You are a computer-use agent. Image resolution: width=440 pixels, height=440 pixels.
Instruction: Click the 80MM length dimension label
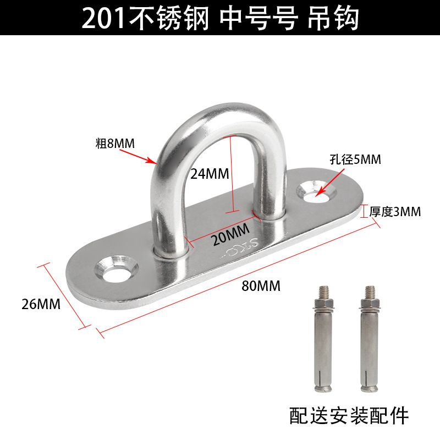pyautogui.click(x=261, y=286)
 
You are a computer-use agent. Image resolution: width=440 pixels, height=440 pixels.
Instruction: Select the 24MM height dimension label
pyautogui.click(x=210, y=174)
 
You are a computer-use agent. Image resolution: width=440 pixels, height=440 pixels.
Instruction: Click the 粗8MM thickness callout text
pyautogui.click(x=115, y=144)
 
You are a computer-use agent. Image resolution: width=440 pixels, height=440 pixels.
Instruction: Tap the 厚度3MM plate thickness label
pyautogui.click(x=395, y=211)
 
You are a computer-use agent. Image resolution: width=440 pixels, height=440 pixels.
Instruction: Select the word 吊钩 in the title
pyautogui.click(x=340, y=19)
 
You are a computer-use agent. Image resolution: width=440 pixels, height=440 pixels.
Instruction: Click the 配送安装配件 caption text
pyautogui.click(x=349, y=415)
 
